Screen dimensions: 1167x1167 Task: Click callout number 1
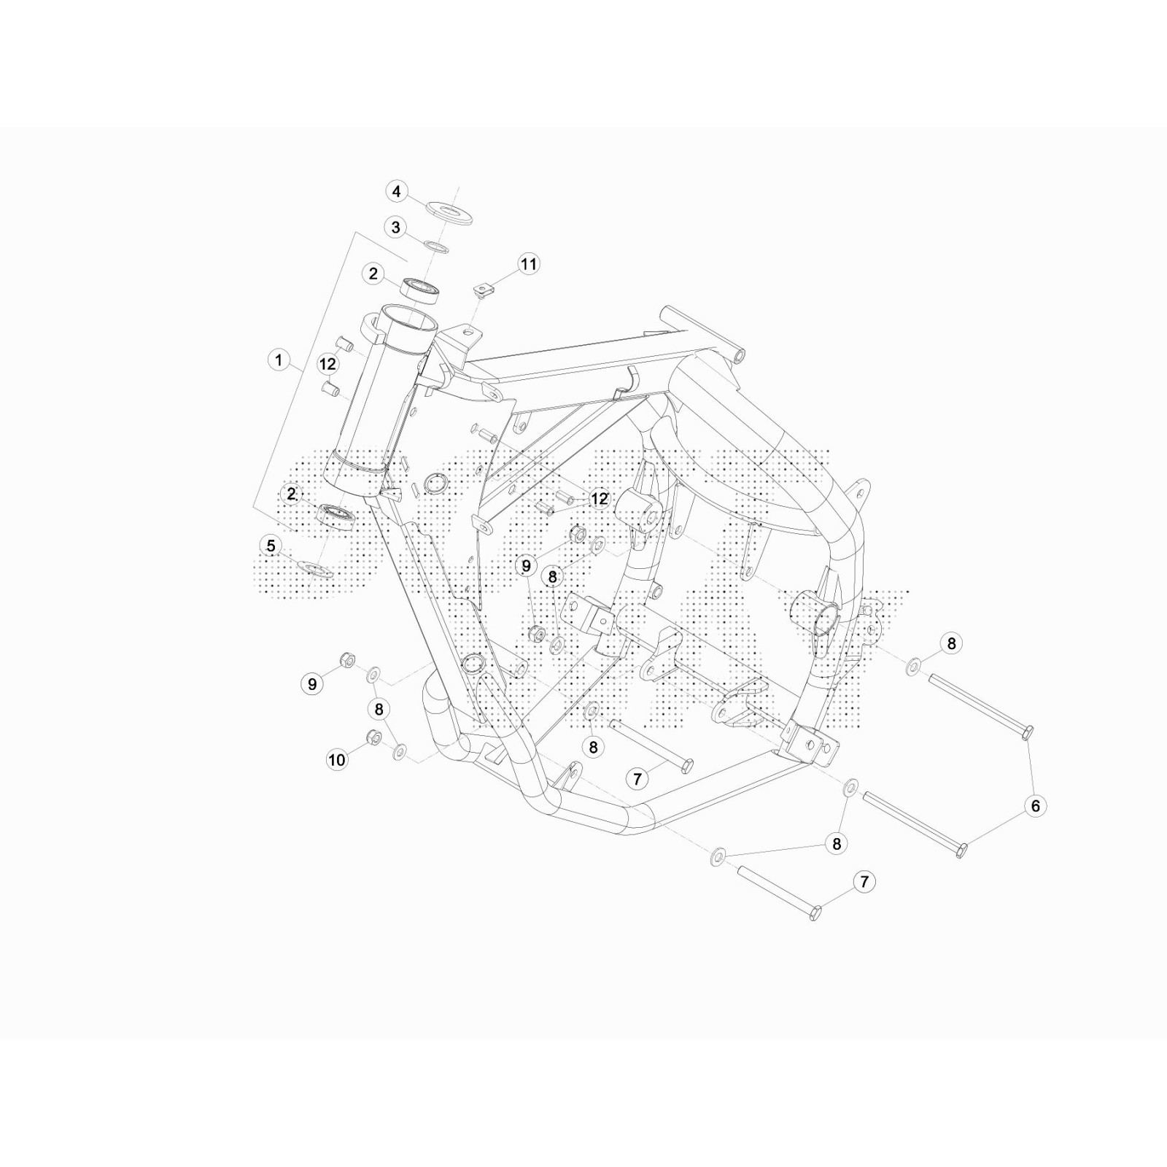coord(278,360)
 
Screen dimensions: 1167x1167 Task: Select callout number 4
coord(396,192)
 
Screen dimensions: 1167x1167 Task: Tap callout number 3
coord(395,228)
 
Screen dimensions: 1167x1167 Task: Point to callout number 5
coord(271,546)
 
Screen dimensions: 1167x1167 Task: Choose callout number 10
coord(336,760)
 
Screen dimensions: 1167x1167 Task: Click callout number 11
coord(528,264)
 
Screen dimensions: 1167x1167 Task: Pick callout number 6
coord(1035,806)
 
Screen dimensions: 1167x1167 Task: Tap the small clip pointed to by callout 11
coord(481,290)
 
